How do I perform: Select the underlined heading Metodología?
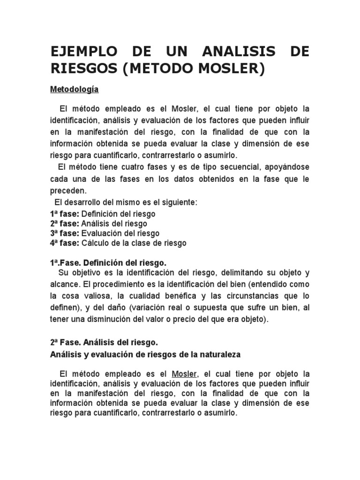click(75, 90)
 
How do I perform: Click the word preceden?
click(68, 191)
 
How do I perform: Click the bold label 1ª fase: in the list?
click(65, 214)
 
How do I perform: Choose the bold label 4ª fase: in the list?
click(65, 243)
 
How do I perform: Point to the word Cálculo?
click(94, 243)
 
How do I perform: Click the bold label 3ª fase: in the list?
click(65, 233)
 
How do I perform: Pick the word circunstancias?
click(258, 296)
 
